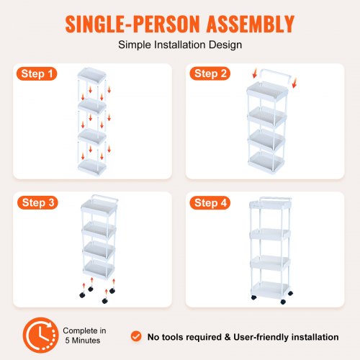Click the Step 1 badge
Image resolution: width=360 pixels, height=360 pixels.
tap(37, 73)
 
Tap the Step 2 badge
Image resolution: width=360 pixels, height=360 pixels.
tap(210, 73)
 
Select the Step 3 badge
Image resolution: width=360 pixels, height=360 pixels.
tap(37, 202)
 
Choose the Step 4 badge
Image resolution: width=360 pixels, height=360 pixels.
tap(210, 203)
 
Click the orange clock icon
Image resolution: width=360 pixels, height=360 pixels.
tap(40, 335)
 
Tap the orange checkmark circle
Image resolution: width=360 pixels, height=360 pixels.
tap(136, 336)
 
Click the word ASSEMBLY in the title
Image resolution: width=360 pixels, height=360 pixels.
tap(251, 24)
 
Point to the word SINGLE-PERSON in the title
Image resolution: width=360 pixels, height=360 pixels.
tap(132, 24)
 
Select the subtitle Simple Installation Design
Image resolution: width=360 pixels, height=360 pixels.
tap(180, 45)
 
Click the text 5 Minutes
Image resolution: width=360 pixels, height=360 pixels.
tap(83, 341)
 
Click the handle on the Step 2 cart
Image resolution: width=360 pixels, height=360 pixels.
tap(275, 76)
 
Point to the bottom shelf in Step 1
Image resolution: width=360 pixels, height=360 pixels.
tap(92, 167)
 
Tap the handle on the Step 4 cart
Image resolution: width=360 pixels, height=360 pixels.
tap(276, 199)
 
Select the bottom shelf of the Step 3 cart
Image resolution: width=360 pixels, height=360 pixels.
tap(99, 269)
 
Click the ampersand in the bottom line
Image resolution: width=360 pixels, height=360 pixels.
tap(228, 337)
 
